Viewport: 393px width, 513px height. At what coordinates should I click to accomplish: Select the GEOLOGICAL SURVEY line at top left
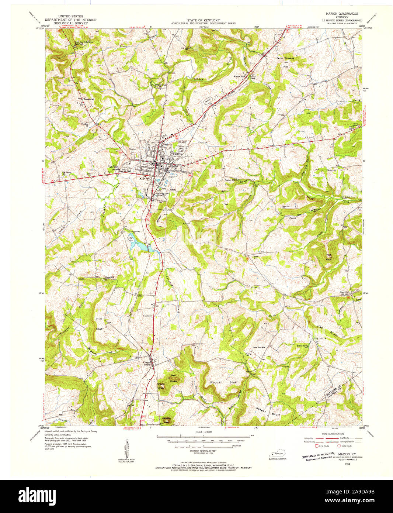[x=70, y=23]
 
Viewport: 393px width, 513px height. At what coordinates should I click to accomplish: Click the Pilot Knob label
[x=328, y=257]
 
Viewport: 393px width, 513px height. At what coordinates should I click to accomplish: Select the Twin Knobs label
[x=173, y=379]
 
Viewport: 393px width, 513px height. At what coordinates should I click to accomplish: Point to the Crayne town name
[x=147, y=362]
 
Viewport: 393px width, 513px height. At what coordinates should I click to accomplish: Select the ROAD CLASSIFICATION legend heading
[x=333, y=434]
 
